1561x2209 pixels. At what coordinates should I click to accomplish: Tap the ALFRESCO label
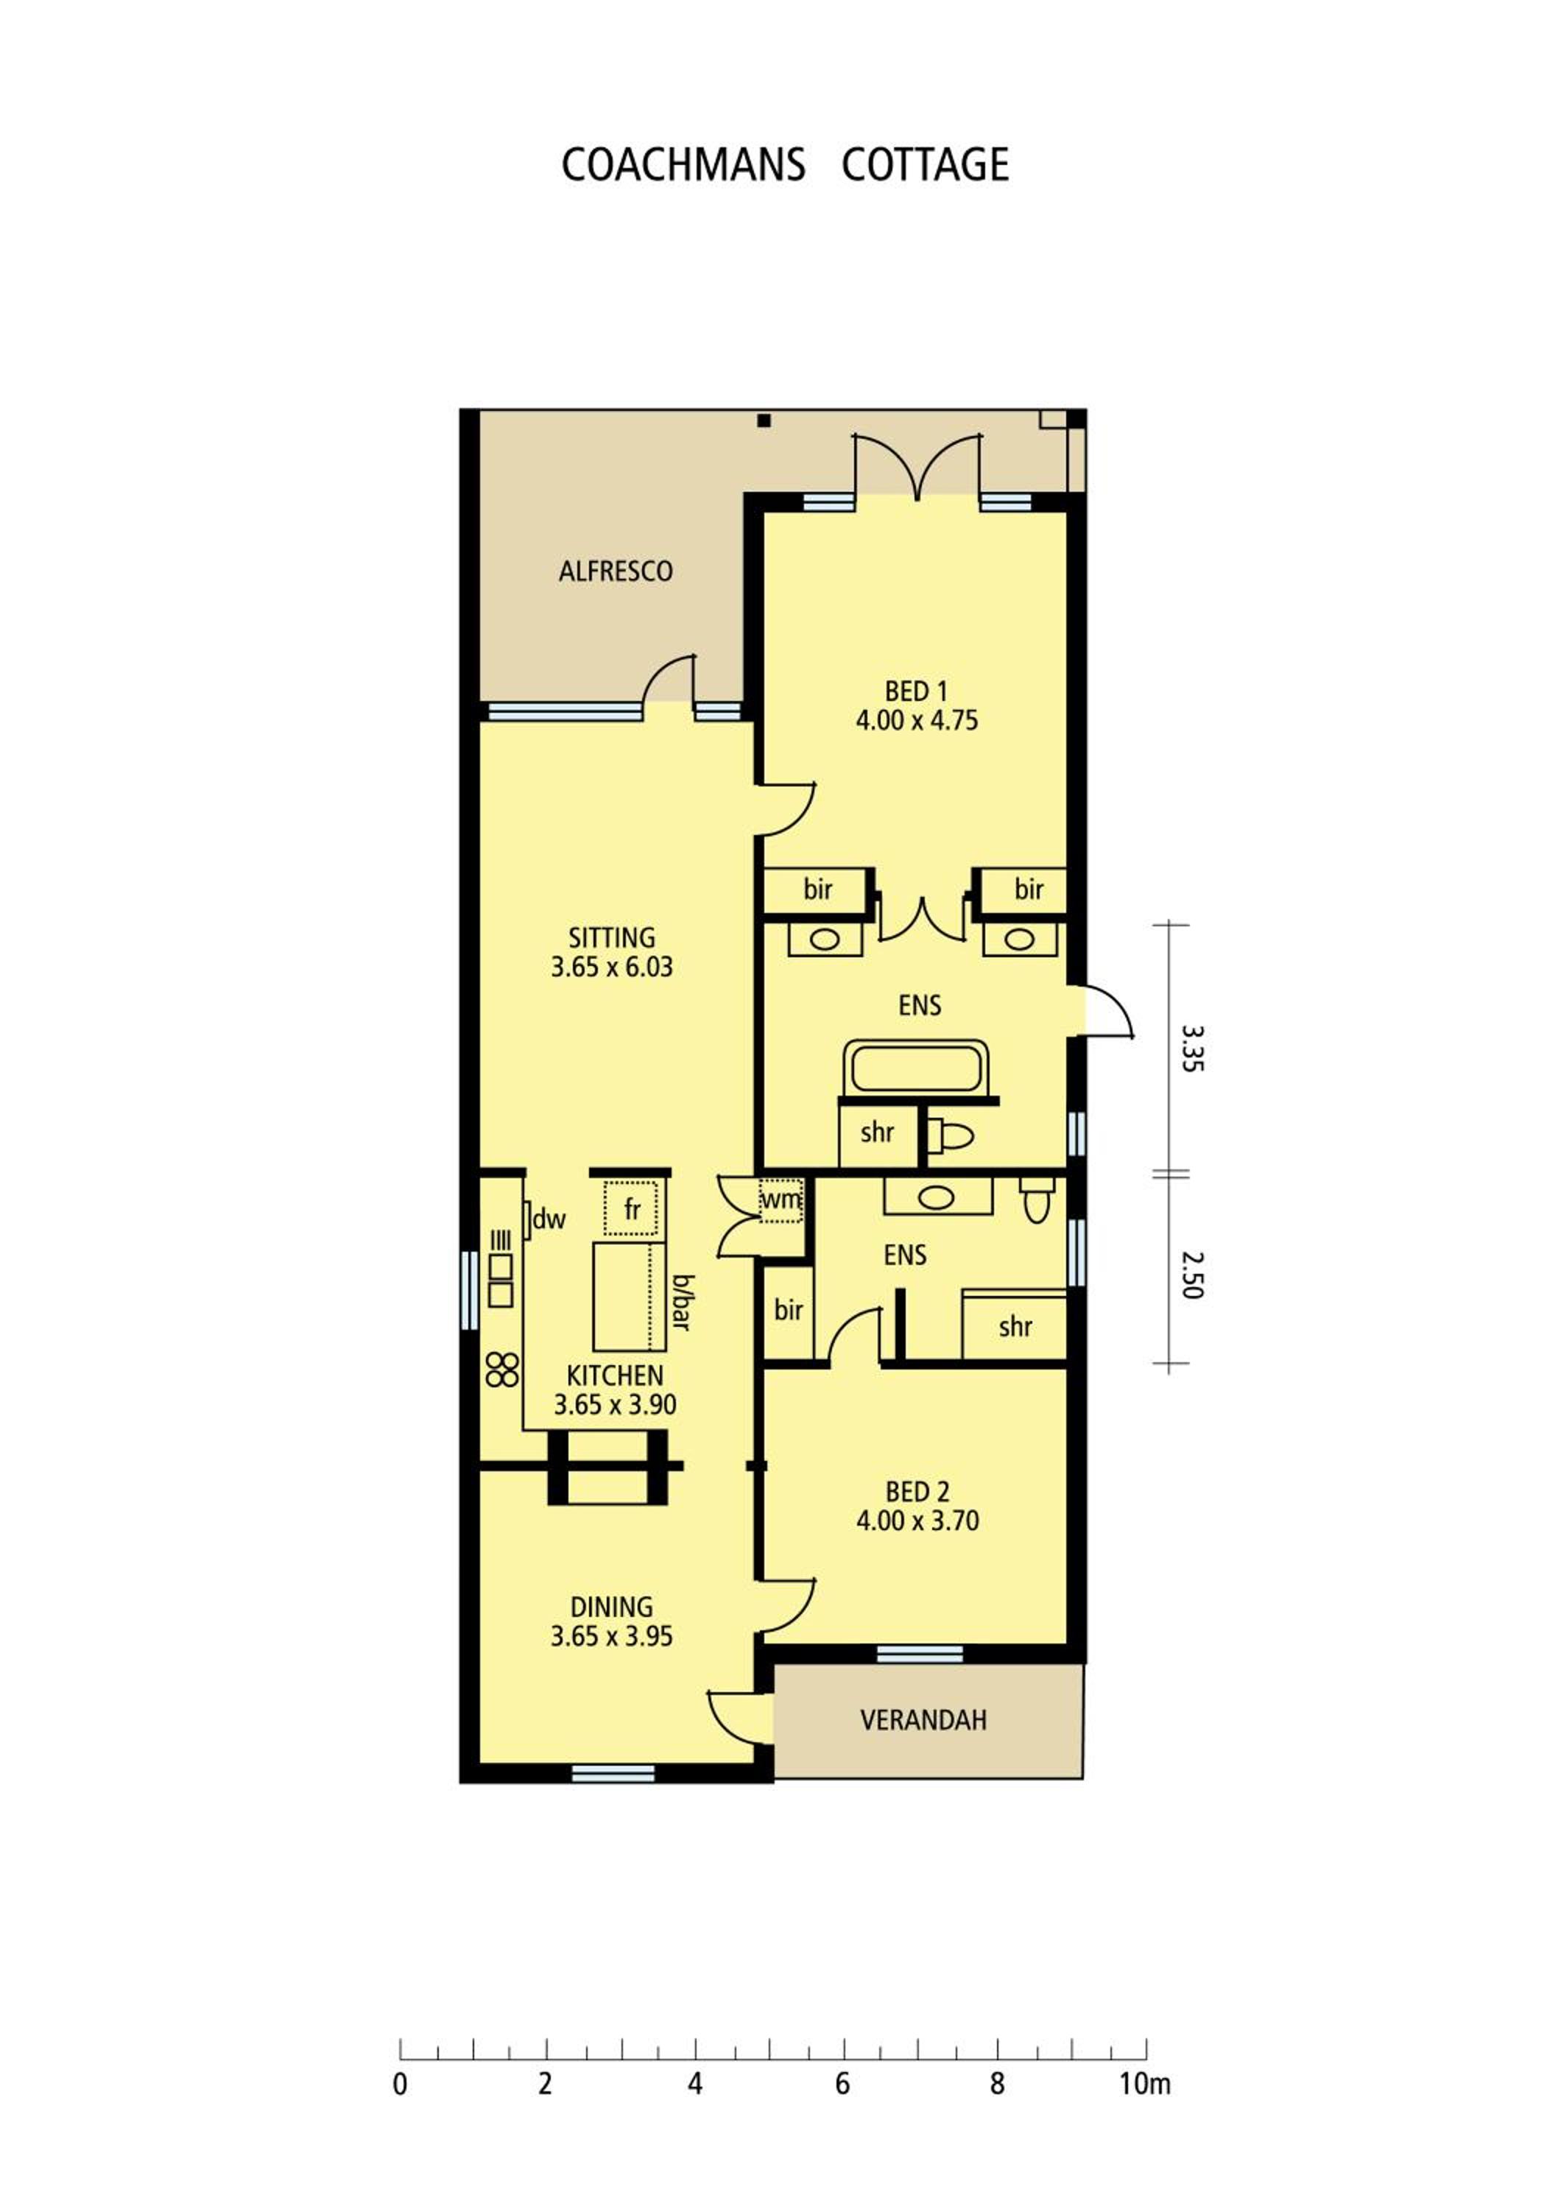(616, 571)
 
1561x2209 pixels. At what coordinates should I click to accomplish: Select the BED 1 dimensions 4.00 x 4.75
(917, 721)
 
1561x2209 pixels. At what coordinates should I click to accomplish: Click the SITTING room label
(612, 937)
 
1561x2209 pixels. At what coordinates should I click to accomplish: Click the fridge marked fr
(631, 1209)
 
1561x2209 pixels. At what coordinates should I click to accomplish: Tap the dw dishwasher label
(549, 1220)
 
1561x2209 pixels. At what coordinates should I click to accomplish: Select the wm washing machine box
(781, 1199)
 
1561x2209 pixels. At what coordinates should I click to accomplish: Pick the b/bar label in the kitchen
(681, 1303)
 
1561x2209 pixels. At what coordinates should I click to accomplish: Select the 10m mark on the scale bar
(1144, 2083)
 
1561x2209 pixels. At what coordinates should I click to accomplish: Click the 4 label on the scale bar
(694, 2084)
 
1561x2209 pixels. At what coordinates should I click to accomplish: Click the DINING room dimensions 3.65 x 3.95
(612, 1637)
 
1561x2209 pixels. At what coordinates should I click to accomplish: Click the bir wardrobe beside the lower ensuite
(789, 1311)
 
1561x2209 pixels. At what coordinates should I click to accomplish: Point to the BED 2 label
(917, 1493)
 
